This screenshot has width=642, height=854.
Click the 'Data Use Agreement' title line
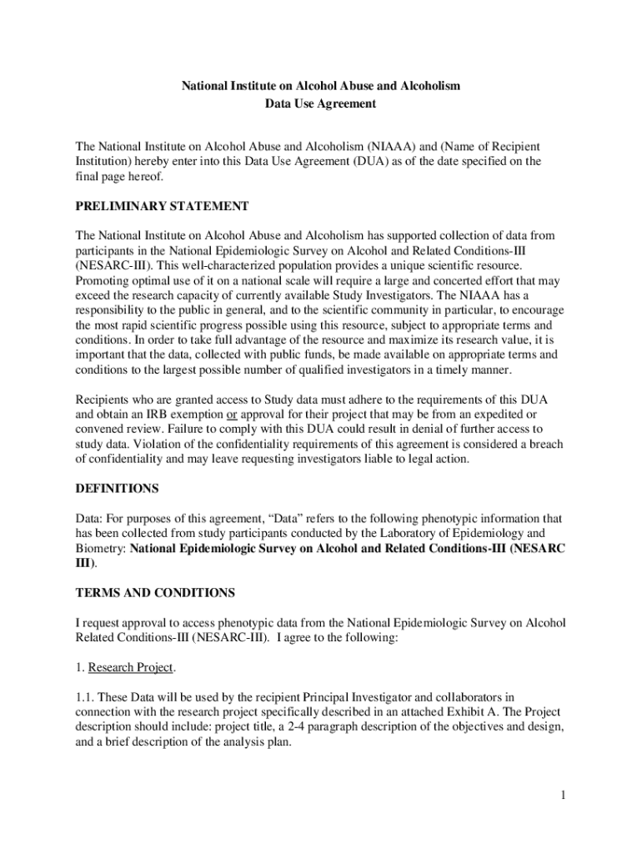(321, 104)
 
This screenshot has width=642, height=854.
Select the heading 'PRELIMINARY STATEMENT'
(162, 206)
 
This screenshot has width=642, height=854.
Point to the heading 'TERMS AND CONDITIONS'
(155, 593)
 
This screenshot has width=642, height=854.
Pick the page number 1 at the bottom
(564, 795)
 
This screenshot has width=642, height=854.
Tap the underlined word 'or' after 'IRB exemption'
(232, 414)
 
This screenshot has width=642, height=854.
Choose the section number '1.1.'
(87, 697)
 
